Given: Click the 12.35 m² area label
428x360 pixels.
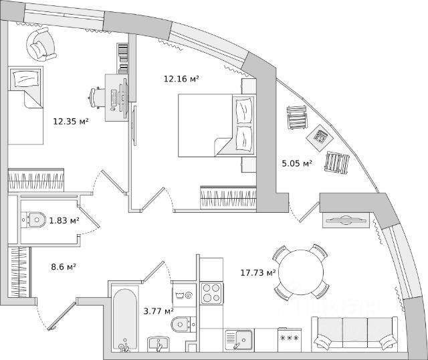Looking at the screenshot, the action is point(71,121).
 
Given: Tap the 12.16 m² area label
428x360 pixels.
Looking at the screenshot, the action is point(182,79).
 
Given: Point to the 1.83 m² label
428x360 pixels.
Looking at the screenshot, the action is point(64,220).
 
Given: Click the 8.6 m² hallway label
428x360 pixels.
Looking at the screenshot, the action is point(64,266).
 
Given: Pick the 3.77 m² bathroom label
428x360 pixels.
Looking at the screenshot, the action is point(158,310).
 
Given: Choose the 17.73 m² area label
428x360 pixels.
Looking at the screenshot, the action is point(258,272).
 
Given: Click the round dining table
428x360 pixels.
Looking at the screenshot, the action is point(302,272).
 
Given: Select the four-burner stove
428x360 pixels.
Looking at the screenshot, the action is point(212,293).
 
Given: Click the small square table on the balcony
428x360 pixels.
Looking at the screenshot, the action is point(322,137).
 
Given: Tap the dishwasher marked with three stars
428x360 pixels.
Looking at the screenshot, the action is point(289,339).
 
